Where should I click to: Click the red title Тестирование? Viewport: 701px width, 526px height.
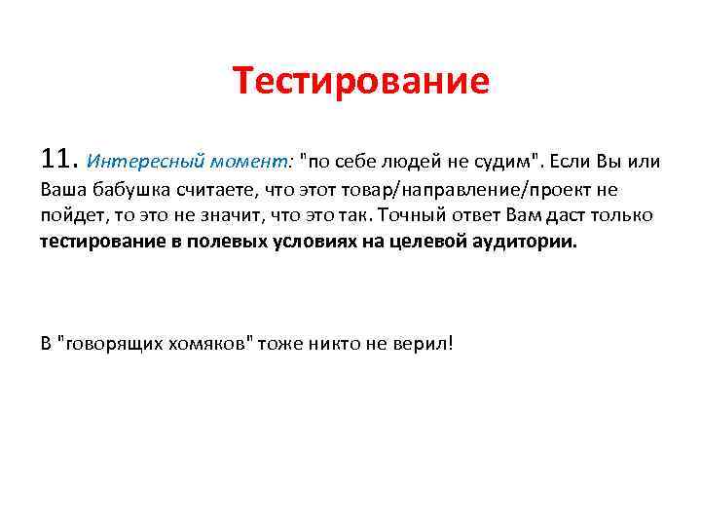pyautogui.click(x=361, y=82)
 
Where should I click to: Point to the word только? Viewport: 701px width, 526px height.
pyautogui.click(x=624, y=214)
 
